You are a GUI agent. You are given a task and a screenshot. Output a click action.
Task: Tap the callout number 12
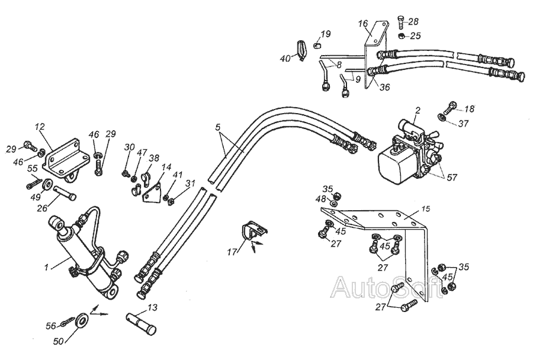[40, 126]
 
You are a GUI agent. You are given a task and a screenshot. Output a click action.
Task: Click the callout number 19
[326, 33]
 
